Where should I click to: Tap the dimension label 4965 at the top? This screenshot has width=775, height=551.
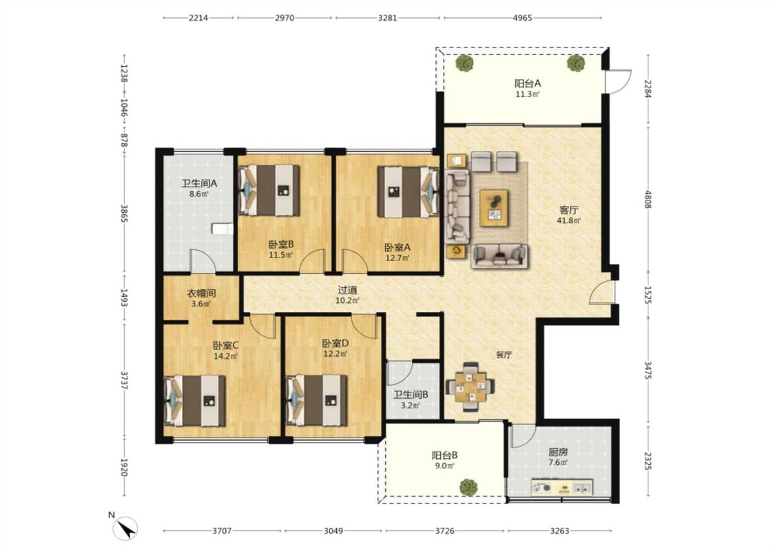click(x=522, y=18)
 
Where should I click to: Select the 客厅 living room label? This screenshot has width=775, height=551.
click(x=569, y=210)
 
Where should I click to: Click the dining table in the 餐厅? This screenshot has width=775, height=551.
click(x=470, y=386)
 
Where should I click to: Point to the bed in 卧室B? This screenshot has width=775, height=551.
click(x=269, y=190)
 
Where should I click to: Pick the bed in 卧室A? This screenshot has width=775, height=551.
click(x=409, y=191)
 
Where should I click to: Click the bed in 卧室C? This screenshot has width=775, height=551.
click(x=195, y=401)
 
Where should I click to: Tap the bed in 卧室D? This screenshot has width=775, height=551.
click(x=317, y=401)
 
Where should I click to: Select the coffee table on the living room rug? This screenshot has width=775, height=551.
click(x=494, y=207)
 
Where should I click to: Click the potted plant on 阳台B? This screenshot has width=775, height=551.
click(x=468, y=487)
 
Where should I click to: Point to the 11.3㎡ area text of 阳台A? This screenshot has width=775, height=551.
click(x=528, y=94)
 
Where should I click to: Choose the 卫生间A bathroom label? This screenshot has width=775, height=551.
click(x=199, y=184)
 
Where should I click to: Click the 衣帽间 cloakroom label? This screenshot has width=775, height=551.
click(x=201, y=293)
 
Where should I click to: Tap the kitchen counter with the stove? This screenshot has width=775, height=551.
click(x=562, y=487)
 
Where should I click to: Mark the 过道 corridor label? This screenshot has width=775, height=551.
click(x=347, y=290)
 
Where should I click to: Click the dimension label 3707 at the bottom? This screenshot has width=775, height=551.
click(x=222, y=531)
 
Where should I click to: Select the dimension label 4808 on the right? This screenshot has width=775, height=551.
click(x=648, y=198)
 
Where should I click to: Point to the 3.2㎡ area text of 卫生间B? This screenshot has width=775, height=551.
click(x=411, y=406)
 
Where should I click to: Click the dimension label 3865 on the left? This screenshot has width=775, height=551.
click(x=124, y=214)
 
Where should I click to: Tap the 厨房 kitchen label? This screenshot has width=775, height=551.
click(x=558, y=453)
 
